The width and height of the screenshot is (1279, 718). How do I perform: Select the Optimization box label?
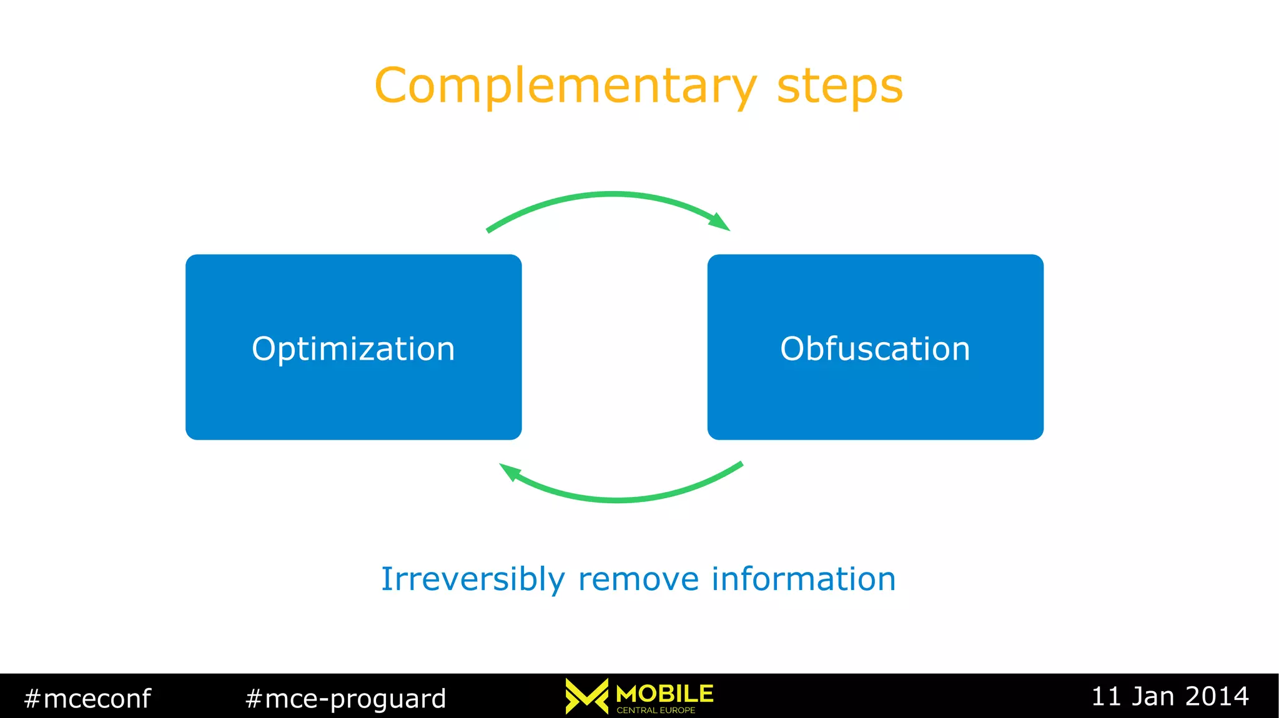353,348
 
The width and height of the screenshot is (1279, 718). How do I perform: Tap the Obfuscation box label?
875,348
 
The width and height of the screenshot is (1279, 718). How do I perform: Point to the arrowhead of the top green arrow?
721,222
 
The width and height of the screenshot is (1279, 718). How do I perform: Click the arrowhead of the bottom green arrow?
510,471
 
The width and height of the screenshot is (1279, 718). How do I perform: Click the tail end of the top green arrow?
489,230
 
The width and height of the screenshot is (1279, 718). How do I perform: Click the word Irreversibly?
473,579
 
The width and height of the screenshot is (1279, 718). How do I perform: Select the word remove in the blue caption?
638,579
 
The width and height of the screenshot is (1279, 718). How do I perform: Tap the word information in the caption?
804,579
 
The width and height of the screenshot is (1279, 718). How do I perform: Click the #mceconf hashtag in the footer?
87,698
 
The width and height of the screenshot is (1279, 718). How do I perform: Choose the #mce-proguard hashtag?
345,698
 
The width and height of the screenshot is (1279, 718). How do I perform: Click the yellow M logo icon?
586,696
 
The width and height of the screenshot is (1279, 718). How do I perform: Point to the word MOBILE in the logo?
664,693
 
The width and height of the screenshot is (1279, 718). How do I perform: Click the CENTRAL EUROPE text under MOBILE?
656,710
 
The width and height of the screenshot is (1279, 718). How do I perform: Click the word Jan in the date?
1153,696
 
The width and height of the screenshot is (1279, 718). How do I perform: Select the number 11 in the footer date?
1106,696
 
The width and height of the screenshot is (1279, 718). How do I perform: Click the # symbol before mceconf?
32,698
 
